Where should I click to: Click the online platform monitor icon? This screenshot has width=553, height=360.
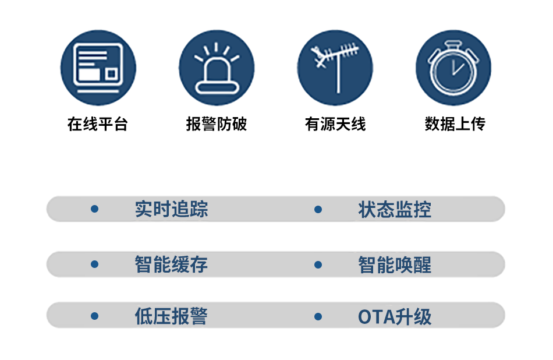coord(98,68)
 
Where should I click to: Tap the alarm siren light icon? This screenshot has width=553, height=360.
coord(217,68)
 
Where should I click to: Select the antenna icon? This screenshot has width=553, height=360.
coord(335,68)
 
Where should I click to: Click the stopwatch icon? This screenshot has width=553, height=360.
coord(453,68)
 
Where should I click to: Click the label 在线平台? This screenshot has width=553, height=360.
coord(98,124)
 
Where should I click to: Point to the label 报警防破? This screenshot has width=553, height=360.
coord(217,124)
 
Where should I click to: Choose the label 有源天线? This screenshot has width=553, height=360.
coord(335,124)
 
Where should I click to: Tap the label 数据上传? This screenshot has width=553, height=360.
coord(455,124)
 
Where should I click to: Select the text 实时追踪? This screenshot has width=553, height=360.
coord(171,209)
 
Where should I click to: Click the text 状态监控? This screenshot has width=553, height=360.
coord(395,210)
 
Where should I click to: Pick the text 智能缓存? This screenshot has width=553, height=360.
coord(171,264)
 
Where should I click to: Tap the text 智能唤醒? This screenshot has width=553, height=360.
coord(395,265)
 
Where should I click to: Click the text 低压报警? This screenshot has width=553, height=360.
coord(171,316)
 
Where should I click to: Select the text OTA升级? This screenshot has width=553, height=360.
coord(395,317)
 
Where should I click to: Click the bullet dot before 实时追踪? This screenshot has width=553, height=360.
coord(94,209)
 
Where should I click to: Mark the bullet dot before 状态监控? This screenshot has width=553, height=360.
coord(318,210)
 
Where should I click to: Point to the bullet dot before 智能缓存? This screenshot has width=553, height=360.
coord(94,264)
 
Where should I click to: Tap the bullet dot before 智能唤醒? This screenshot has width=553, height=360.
coord(318,264)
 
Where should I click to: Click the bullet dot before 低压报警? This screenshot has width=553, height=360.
coord(94,316)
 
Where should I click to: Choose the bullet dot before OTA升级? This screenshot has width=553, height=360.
coord(318,316)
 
